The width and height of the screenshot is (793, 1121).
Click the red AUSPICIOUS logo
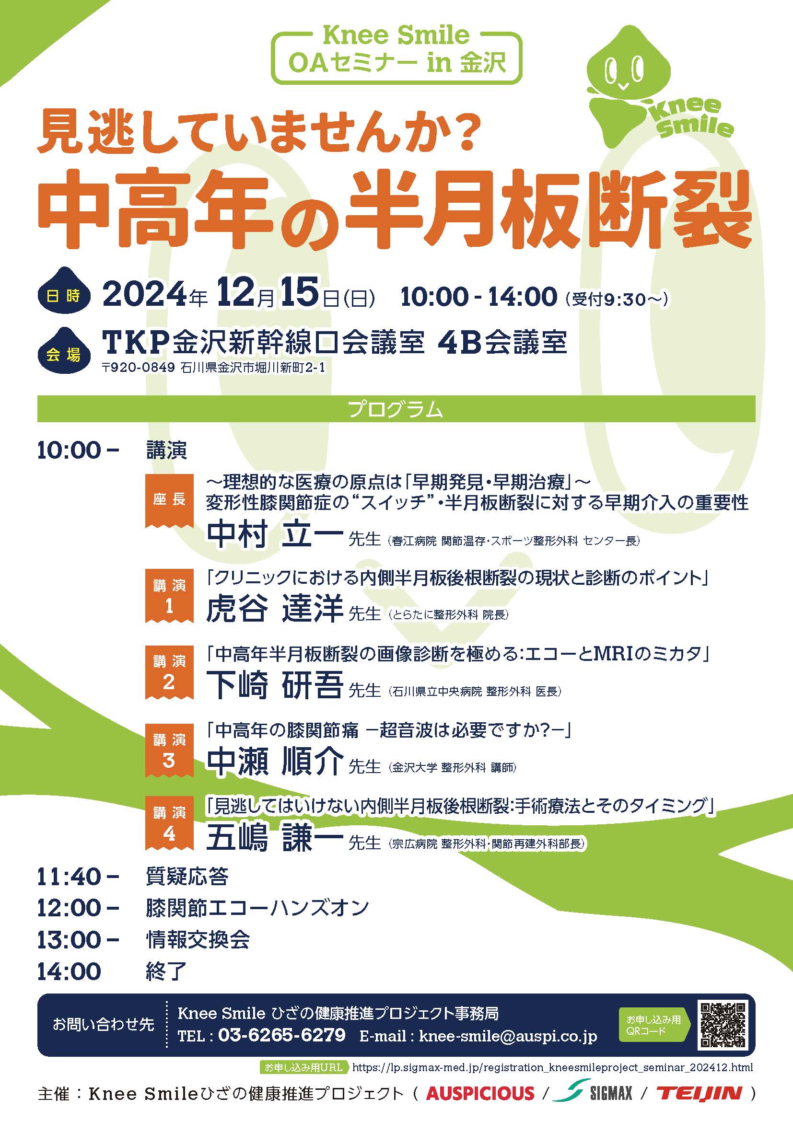pyautogui.click(x=480, y=1093)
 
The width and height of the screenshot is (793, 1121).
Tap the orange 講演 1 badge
pyautogui.click(x=169, y=596)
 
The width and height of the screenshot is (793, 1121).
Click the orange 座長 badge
pyautogui.click(x=169, y=501)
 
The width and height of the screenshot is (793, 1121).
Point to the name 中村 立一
pyautogui.click(x=274, y=533)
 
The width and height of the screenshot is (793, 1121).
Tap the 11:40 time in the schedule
pyautogui.click(x=70, y=878)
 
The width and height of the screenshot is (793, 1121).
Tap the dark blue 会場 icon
pyautogui.click(x=64, y=350)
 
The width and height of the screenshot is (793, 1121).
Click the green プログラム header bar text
pyautogui.click(x=396, y=409)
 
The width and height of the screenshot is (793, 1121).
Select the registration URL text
pyautogui.click(x=552, y=1068)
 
